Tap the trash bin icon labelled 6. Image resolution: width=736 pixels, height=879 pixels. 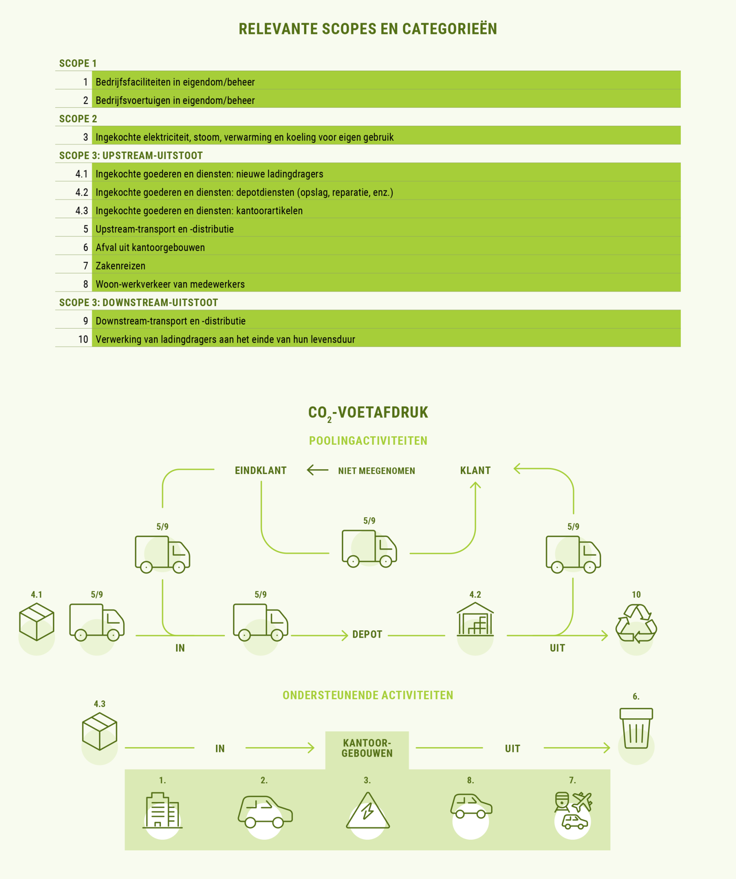[636, 728]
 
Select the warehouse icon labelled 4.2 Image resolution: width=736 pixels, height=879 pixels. [475, 619]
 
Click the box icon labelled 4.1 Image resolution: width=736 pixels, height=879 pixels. [37, 622]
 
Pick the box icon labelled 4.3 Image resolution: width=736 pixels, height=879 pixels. [100, 731]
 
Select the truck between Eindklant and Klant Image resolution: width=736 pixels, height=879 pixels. [369, 549]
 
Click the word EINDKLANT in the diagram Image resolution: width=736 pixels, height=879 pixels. [261, 470]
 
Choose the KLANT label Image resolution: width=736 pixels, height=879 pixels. [475, 470]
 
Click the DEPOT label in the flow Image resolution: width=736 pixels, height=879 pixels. [367, 635]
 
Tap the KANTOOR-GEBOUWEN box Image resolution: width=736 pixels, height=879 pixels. [367, 750]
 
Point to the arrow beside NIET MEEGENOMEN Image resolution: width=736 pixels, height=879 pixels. [318, 470]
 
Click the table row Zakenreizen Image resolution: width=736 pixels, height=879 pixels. [368, 265]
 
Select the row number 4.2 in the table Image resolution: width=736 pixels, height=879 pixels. [82, 193]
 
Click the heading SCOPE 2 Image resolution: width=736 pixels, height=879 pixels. [78, 119]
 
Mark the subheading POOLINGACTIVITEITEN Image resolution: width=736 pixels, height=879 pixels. [368, 441]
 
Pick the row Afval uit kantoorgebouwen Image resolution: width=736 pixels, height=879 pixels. [368, 247]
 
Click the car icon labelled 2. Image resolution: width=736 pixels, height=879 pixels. [265, 811]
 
